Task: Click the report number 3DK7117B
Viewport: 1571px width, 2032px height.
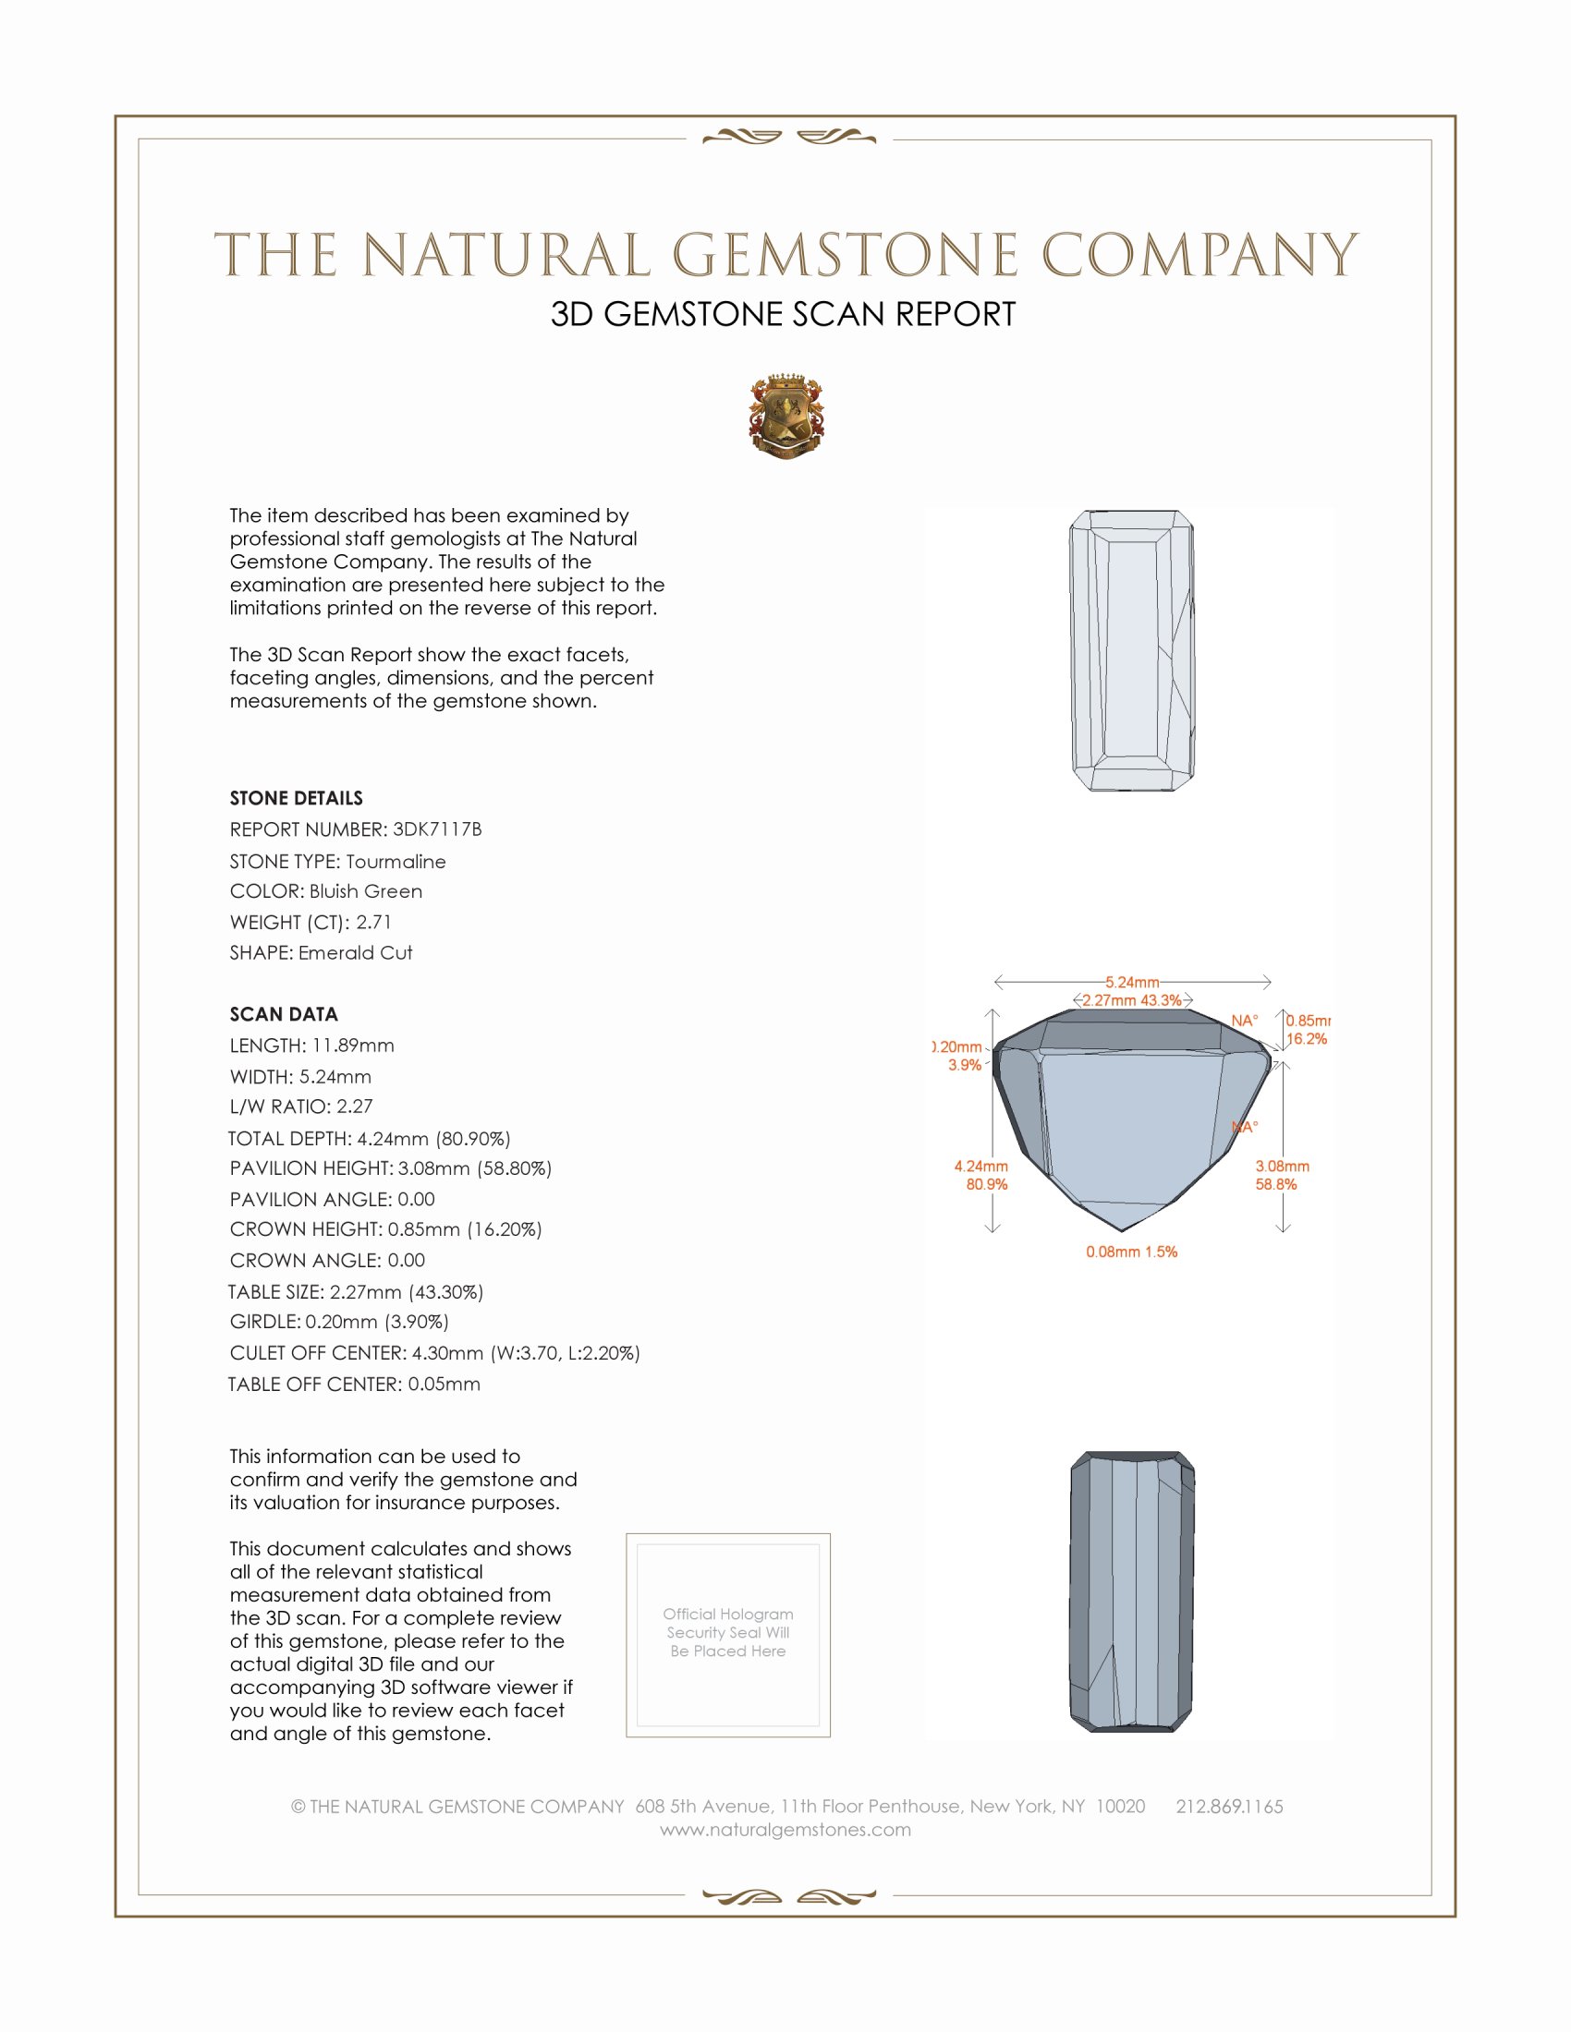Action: (x=436, y=829)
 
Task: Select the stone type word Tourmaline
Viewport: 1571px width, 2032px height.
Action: (x=396, y=862)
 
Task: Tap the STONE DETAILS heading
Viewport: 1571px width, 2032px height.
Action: (x=296, y=798)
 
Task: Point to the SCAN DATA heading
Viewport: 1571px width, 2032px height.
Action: (x=284, y=1014)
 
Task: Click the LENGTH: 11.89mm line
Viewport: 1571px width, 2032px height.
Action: (x=311, y=1046)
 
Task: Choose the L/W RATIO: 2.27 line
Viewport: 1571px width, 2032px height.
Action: (x=300, y=1107)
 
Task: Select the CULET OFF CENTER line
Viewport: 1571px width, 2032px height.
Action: (x=434, y=1353)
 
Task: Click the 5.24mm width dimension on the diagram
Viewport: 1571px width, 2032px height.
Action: (x=1132, y=982)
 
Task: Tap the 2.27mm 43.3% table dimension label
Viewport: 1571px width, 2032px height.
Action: (x=1132, y=1000)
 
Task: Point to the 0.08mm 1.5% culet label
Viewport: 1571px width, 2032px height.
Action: (x=1131, y=1252)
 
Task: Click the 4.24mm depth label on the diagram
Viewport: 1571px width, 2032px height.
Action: (x=980, y=1166)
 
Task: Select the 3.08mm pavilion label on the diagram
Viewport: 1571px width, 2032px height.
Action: (x=1282, y=1166)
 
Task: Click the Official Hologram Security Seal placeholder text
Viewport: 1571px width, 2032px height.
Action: (x=728, y=1632)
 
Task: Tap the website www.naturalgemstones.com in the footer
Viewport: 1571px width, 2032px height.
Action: (x=785, y=1829)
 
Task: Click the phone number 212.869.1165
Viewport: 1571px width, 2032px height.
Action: (x=1228, y=1806)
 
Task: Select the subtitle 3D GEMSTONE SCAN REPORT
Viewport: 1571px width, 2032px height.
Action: (x=783, y=314)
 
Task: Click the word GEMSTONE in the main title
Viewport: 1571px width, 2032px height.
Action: (x=844, y=255)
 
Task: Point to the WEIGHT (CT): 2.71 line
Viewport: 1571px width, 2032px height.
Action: (x=311, y=922)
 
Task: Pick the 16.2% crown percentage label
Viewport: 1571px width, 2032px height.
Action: (x=1306, y=1039)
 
